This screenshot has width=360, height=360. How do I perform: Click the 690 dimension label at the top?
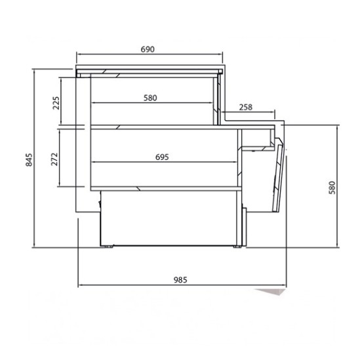(148, 49)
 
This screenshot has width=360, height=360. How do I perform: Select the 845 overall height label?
(29, 159)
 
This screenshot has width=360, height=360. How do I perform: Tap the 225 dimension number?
(56, 103)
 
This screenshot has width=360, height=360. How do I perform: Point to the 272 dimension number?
(54, 159)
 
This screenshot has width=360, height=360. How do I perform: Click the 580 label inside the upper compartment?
(150, 98)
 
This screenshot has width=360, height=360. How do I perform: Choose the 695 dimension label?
(162, 157)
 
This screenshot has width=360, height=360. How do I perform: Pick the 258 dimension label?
(246, 108)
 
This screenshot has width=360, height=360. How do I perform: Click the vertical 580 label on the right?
(332, 188)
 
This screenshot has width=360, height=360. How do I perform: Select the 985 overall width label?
(180, 280)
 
